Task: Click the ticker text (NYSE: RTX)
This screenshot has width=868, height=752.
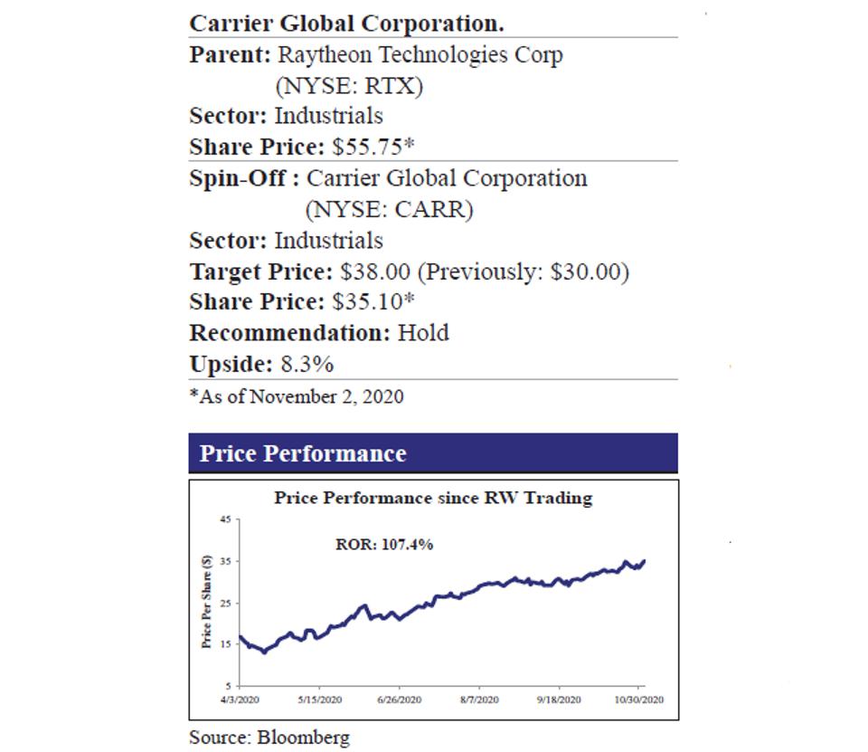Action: point(349,86)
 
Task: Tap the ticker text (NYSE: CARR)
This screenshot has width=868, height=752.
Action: point(389,210)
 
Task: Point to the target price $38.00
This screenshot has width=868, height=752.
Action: point(375,271)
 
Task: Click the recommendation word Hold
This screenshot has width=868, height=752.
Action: point(423,333)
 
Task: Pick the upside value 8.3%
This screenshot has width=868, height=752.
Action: point(307,365)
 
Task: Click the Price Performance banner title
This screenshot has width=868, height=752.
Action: point(303,453)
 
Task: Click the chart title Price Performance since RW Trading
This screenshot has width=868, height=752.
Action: point(433,498)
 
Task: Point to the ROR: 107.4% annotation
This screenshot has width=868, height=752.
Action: point(384,544)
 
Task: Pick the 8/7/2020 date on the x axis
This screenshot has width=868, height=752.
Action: point(479,700)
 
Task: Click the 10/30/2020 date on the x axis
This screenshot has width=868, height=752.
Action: point(640,700)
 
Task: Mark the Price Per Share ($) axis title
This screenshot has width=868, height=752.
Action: point(207,602)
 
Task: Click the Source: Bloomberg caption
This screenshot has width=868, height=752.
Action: point(269,737)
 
